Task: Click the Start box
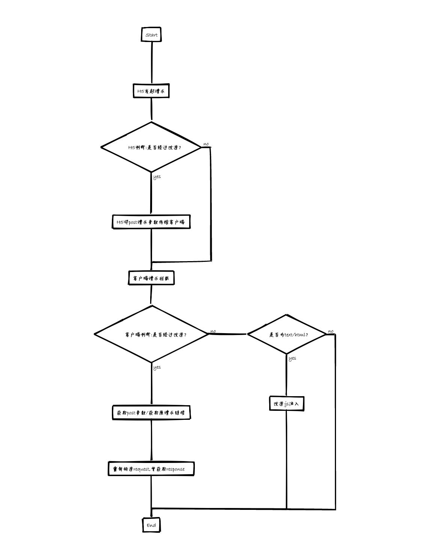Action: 151,35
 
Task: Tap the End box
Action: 151,525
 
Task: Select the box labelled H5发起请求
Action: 151,91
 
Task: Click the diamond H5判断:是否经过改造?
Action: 152,147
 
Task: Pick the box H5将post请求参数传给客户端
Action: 151,222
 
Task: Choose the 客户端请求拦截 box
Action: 151,278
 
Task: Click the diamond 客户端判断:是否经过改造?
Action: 152,334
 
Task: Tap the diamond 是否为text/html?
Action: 286,334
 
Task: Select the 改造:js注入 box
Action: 286,404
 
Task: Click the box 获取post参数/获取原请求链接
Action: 151,413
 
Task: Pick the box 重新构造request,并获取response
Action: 151,469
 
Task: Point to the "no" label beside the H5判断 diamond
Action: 206,144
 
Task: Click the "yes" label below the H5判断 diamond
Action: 157,177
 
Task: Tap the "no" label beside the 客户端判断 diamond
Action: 213,331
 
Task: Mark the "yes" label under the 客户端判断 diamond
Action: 157,367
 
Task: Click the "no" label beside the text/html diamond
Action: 330,331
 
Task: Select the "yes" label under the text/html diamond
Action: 292,358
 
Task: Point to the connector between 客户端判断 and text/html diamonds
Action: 228,334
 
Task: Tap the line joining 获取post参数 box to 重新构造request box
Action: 152,440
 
